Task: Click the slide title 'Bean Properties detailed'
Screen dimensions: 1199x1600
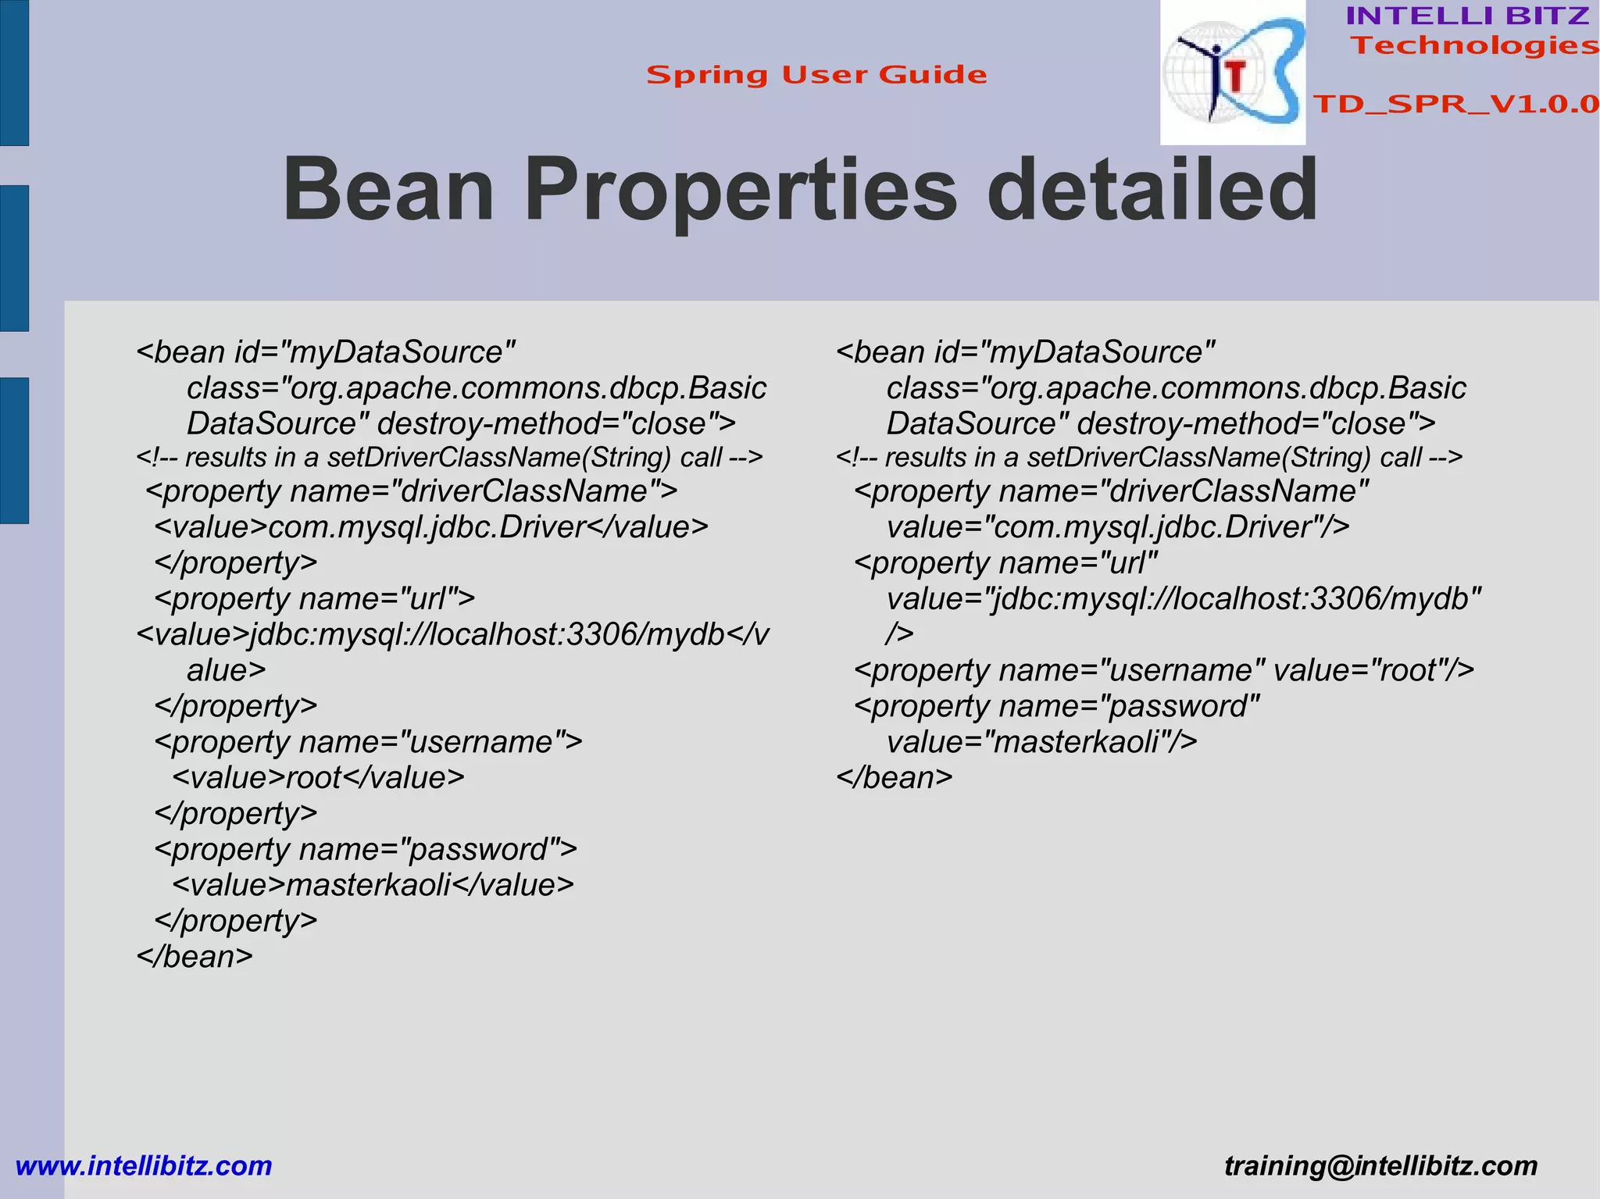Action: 800,190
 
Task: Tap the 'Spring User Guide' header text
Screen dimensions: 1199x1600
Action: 816,75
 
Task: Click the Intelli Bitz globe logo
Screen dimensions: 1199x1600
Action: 1232,73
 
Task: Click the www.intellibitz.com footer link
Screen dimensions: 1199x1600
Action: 144,1165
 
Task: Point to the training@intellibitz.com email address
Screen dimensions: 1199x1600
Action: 1380,1165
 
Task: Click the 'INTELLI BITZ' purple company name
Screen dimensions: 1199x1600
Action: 1467,16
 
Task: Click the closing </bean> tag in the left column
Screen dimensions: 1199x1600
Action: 195,956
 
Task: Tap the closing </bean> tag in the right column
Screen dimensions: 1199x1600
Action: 895,777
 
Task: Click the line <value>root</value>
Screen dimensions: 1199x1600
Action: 318,777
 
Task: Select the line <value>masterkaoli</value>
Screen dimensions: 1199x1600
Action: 373,885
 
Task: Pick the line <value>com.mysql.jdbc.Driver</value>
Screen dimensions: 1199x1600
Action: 431,527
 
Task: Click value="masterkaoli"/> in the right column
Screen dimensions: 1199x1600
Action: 1041,741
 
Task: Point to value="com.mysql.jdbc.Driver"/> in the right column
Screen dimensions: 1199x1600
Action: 1118,527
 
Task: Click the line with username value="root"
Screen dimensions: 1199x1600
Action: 1164,670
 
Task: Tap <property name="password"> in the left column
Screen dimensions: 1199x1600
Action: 366,849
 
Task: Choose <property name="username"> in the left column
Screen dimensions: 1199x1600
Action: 368,741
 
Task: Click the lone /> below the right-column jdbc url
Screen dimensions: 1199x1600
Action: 899,633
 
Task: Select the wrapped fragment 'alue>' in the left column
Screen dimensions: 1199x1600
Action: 227,670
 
